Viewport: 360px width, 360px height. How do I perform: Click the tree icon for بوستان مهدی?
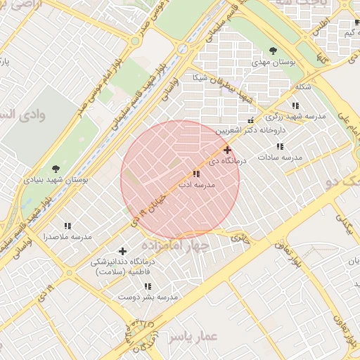pos(274,50)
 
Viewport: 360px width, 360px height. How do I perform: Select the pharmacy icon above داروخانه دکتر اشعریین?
pos(251,121)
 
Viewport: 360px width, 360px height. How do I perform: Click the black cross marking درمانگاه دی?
pos(227,150)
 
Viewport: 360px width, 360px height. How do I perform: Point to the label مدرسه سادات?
pos(279,157)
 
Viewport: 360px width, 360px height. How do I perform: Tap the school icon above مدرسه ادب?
pos(195,173)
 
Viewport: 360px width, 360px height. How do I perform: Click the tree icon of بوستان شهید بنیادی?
pos(56,168)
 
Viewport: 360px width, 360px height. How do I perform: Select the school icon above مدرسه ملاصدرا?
pos(67,226)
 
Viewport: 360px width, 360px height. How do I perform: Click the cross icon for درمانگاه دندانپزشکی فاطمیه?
pos(122,251)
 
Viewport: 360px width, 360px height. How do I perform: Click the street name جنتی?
pos(240,237)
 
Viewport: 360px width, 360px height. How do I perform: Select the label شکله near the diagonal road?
pos(302,86)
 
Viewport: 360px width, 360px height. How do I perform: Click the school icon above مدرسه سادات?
pos(280,146)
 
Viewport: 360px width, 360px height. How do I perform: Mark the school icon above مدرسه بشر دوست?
pos(148,286)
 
